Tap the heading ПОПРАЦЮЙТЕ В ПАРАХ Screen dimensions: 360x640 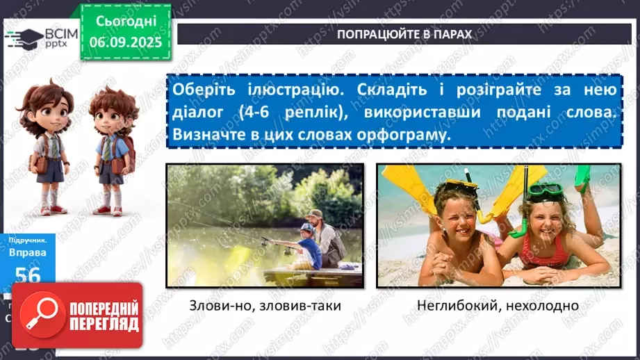pyautogui.click(x=404, y=34)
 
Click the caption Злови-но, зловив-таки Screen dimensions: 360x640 pyautogui.click(x=265, y=306)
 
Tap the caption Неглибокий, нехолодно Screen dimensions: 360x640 pyautogui.click(x=498, y=306)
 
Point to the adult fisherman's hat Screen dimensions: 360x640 pyautogui.click(x=314, y=213)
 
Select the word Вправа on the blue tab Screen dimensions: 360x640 pyautogui.click(x=27, y=255)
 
